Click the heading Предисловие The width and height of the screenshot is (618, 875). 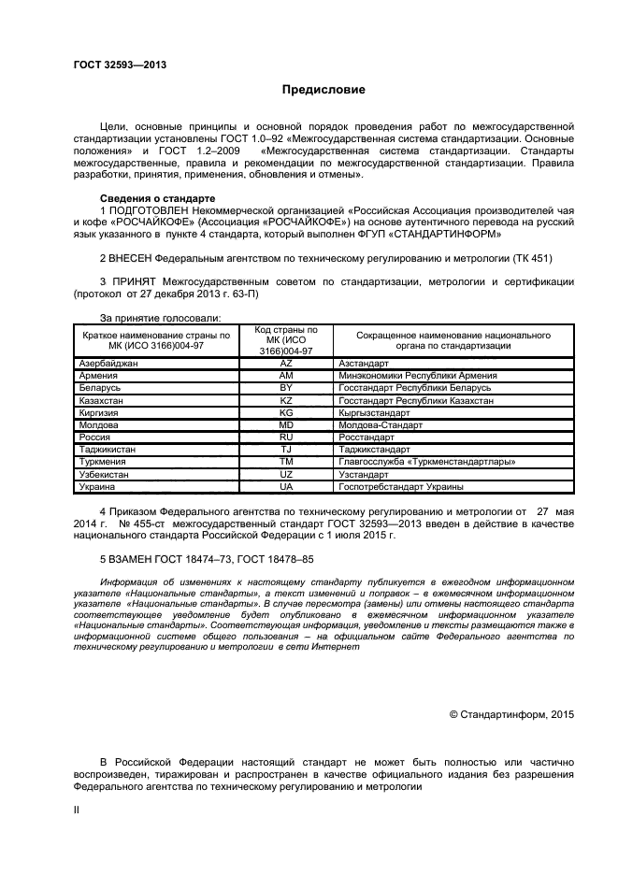(x=324, y=90)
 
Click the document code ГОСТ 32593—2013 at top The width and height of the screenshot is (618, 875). (x=120, y=65)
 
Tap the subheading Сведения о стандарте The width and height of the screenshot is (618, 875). (x=157, y=198)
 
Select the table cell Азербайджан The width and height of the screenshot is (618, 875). (x=110, y=362)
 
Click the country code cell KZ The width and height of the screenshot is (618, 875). (x=286, y=399)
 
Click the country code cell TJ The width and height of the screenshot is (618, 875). (x=286, y=450)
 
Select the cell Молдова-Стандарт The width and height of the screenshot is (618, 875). (x=375, y=424)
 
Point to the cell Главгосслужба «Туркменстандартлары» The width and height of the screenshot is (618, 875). (x=424, y=462)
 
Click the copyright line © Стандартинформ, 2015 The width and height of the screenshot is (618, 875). (x=511, y=714)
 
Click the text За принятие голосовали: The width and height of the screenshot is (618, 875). (x=159, y=319)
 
